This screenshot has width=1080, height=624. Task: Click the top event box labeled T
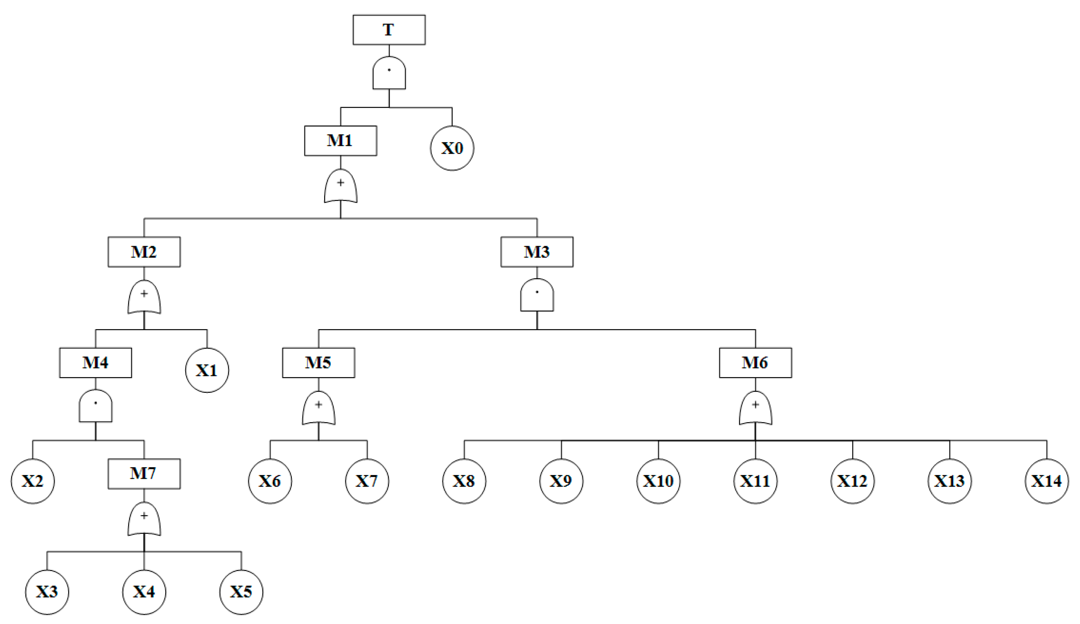coord(389,29)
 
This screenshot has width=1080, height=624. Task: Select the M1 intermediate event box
coord(340,141)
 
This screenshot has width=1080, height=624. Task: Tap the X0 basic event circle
coord(452,148)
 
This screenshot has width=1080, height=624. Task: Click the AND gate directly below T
coord(389,73)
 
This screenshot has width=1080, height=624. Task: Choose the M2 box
coord(144,252)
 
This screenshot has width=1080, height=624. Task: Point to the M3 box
coord(536,252)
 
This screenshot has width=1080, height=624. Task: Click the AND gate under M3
coord(537,295)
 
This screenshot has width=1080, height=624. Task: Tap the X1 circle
coord(207,370)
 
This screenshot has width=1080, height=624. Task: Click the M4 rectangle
coord(96,363)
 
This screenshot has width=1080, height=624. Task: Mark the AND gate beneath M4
coord(96,406)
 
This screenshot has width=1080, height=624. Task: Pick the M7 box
coord(144,474)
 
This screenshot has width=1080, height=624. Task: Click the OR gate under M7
coord(144,519)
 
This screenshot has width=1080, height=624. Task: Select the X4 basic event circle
coord(144,592)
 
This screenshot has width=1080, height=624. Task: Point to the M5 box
coord(318,363)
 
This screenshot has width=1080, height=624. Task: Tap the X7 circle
coord(367,481)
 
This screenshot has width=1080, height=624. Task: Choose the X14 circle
coord(1047,481)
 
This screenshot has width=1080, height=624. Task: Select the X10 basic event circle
coord(658,481)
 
